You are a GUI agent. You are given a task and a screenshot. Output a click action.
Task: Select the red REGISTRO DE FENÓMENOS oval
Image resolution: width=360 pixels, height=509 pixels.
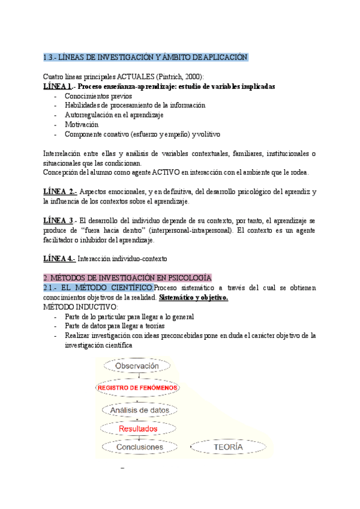pyautogui.click(x=137, y=388)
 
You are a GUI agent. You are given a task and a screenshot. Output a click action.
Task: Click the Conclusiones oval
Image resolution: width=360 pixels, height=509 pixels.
pyautogui.click(x=139, y=447)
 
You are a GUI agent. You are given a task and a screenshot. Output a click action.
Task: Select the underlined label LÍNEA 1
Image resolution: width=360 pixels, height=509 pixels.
pyautogui.click(x=58, y=86)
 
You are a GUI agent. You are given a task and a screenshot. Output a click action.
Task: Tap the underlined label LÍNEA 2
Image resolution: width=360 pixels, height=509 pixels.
pyautogui.click(x=59, y=191)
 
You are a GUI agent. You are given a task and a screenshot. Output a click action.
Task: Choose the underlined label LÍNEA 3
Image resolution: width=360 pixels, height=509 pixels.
pyautogui.click(x=59, y=220)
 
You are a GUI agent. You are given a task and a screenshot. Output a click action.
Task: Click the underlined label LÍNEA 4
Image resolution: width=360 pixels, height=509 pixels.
pyautogui.click(x=59, y=259)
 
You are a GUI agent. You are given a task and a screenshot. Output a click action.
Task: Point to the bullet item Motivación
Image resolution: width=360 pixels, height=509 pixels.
pyautogui.click(x=82, y=124)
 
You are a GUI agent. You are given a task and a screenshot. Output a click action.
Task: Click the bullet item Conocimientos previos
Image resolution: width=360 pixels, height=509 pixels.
pyautogui.click(x=98, y=96)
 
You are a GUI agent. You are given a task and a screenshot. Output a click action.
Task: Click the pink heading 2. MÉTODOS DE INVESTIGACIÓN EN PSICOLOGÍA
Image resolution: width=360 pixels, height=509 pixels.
pyautogui.click(x=128, y=278)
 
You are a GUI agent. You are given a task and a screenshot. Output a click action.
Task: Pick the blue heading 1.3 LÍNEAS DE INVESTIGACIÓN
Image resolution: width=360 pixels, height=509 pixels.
pyautogui.click(x=146, y=57)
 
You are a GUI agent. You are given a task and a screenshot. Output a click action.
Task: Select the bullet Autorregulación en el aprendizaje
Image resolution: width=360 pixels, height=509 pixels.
pyautogui.click(x=114, y=115)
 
